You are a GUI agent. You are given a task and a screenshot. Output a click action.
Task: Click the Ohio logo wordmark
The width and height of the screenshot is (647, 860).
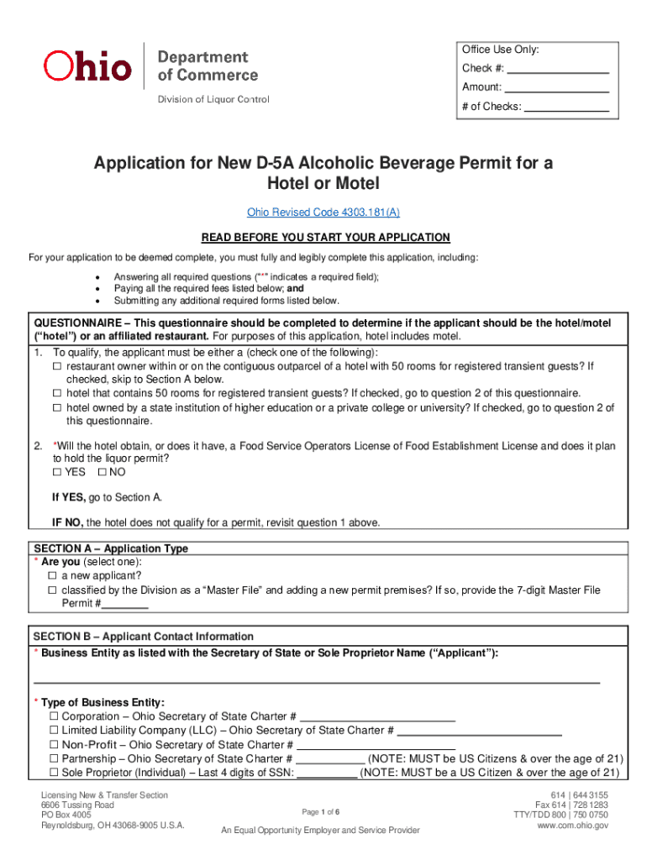(87, 66)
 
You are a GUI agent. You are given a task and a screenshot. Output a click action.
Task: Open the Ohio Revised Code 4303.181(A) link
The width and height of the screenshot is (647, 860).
(323, 212)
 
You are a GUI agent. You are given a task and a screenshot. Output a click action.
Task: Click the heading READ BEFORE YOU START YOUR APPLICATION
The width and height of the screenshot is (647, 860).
(323, 237)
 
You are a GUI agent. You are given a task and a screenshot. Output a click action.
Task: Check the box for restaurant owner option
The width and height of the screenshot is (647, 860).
(58, 367)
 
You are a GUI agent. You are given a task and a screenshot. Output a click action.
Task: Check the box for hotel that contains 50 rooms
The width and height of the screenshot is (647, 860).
(58, 393)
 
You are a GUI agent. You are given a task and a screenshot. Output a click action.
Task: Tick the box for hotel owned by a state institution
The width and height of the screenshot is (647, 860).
(58, 408)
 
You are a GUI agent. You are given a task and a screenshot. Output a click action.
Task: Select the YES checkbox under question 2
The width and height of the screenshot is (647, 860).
(58, 472)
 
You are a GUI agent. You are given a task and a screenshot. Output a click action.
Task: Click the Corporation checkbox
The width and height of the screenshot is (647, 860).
(54, 716)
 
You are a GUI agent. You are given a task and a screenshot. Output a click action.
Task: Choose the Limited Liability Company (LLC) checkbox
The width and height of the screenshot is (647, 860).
(54, 731)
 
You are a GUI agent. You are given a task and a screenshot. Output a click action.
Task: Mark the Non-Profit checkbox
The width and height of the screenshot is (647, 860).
(54, 745)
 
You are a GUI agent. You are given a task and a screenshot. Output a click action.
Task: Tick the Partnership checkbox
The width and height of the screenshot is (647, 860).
(54, 759)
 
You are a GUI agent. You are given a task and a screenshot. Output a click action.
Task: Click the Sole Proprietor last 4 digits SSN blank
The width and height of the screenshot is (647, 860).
(327, 773)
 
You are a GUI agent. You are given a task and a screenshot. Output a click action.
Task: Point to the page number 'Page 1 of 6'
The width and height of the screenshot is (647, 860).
(320, 811)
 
